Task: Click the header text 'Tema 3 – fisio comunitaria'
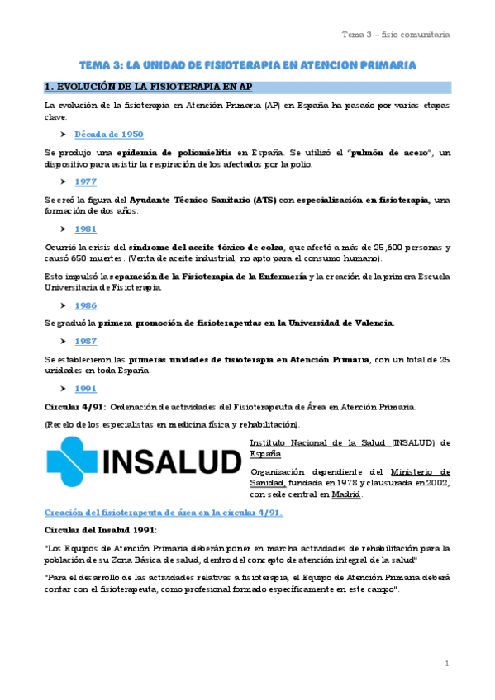pyautogui.click(x=396, y=35)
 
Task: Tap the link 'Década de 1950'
pyautogui.click(x=108, y=134)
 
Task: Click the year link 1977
pyautogui.click(x=85, y=182)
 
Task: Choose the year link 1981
pyautogui.click(x=85, y=229)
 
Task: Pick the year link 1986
pyautogui.click(x=85, y=305)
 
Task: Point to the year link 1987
pyautogui.click(x=85, y=340)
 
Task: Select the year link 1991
pyautogui.click(x=85, y=388)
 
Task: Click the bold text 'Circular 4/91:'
pyautogui.click(x=74, y=406)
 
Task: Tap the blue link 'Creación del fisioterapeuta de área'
pyautogui.click(x=164, y=512)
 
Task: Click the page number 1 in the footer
pyautogui.click(x=446, y=663)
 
